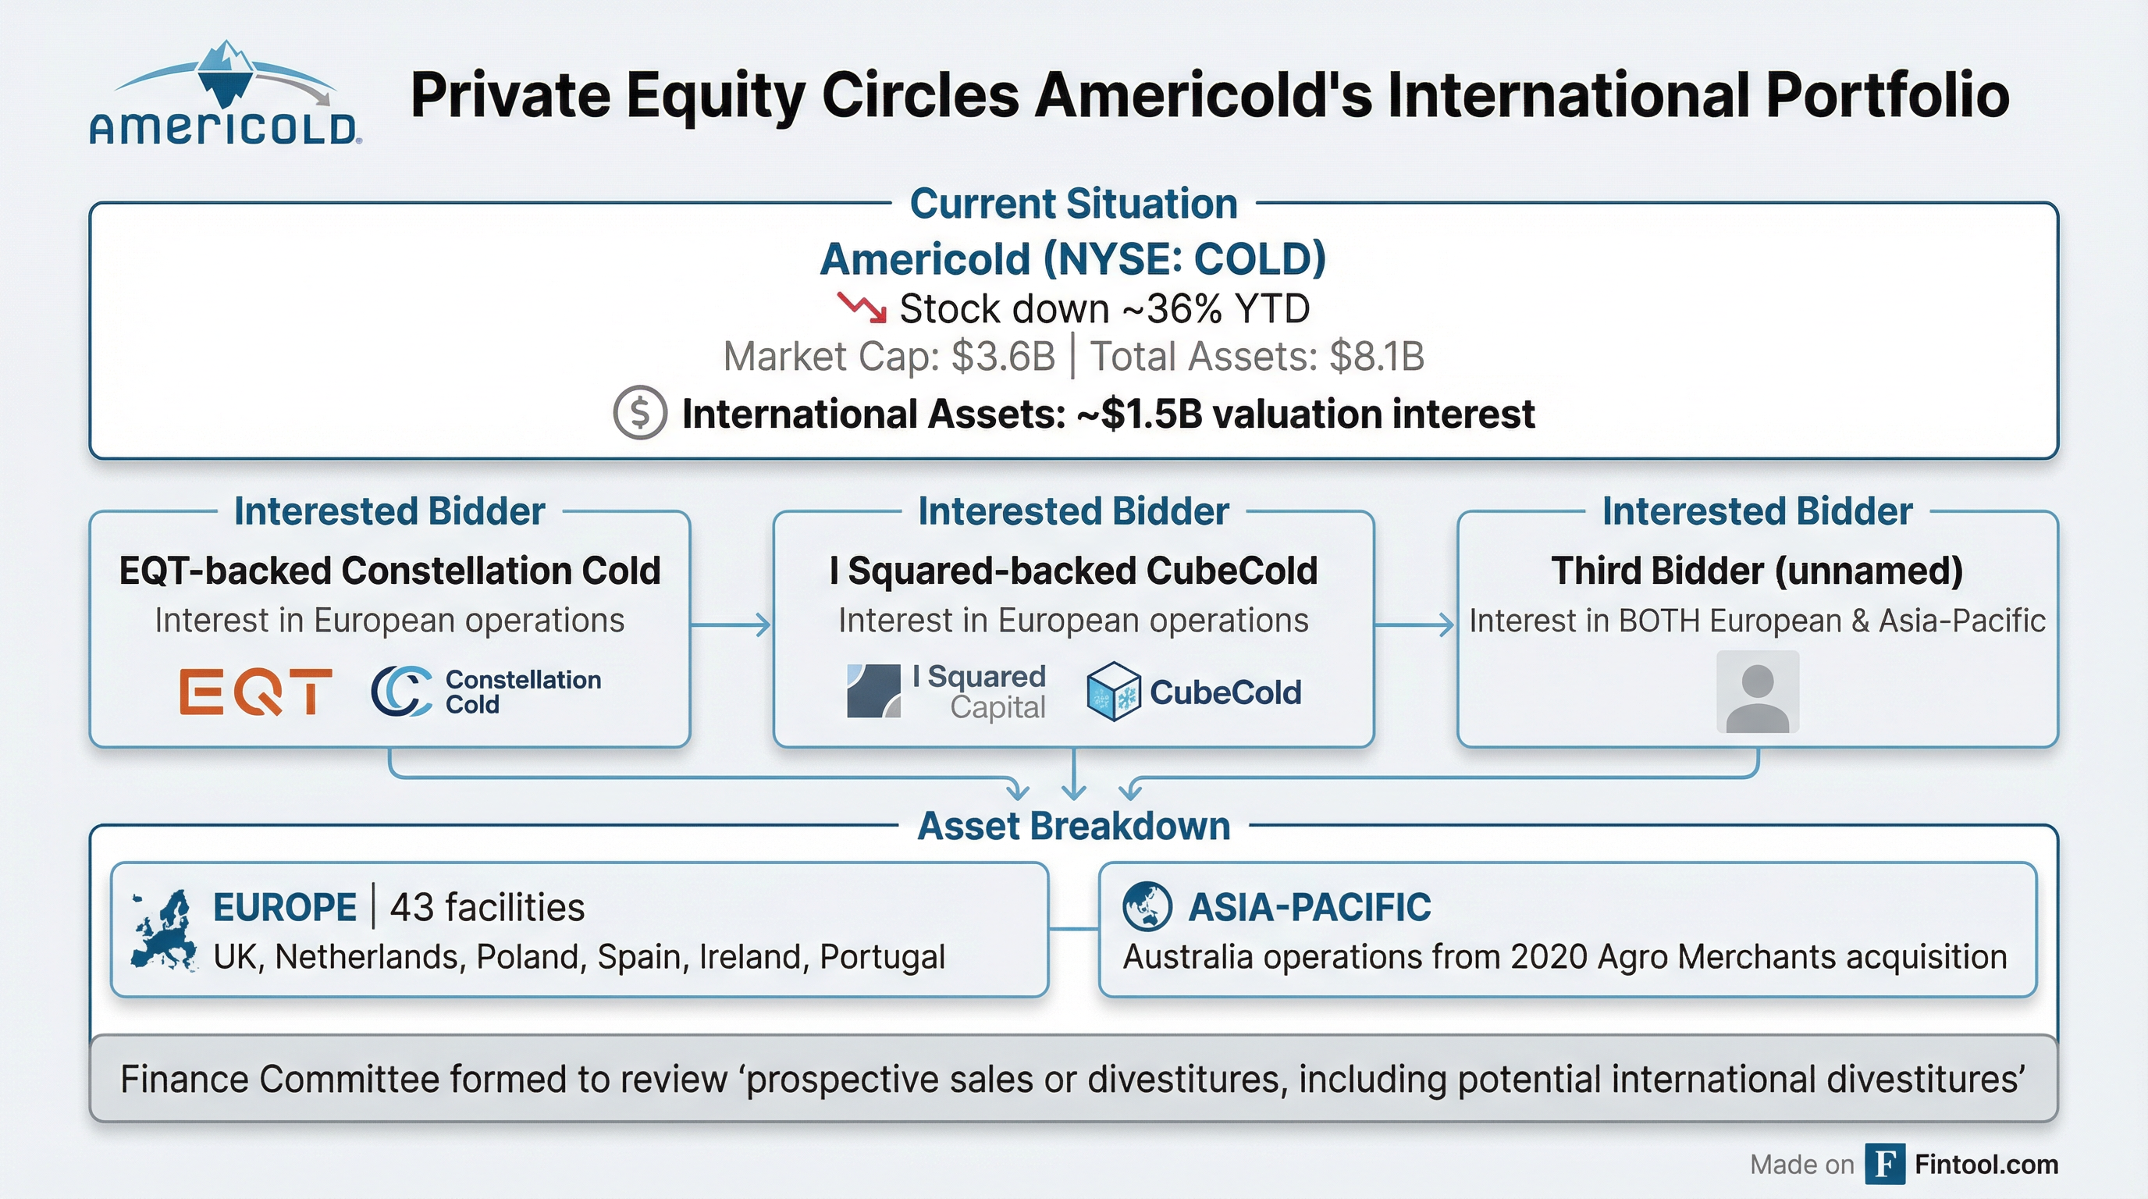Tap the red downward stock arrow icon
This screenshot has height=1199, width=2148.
862,307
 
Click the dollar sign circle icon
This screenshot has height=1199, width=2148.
639,413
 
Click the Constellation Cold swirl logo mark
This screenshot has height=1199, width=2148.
401,691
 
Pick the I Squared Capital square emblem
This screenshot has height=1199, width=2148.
873,690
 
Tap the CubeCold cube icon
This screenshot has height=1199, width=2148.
1113,691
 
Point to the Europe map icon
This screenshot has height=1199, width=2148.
164,930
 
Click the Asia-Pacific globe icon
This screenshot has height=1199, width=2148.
1147,906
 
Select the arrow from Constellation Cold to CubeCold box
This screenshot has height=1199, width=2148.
731,624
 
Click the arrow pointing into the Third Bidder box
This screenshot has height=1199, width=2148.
1414,624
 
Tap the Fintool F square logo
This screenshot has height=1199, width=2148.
1884,1164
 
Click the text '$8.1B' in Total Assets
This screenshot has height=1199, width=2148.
1377,357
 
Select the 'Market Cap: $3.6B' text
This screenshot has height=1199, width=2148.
889,357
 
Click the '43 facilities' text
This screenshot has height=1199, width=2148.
487,907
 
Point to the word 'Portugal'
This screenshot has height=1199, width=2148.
882,957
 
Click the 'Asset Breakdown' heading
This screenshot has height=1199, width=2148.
1074,827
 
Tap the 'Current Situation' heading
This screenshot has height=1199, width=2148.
1074,205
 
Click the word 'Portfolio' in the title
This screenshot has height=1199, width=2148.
1888,95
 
